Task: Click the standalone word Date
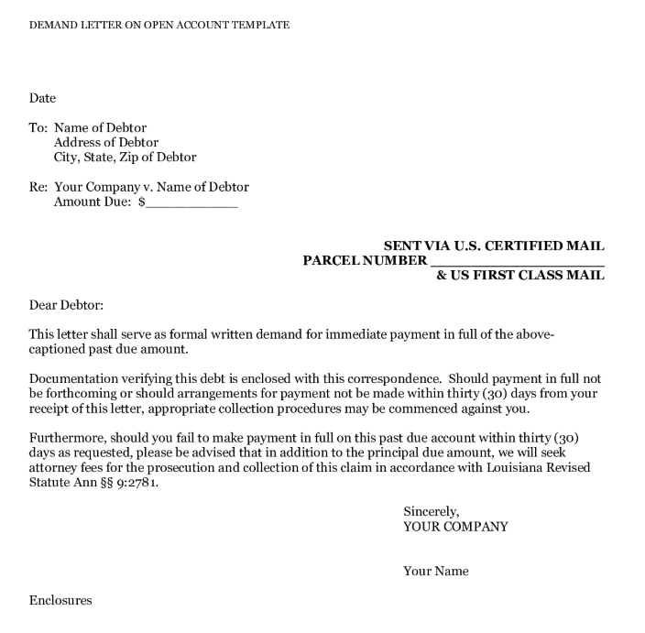(42, 98)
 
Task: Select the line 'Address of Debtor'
(106, 143)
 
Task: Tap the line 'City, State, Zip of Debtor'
(125, 158)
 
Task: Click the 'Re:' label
(38, 188)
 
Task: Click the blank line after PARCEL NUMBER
(517, 261)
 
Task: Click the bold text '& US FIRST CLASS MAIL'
(519, 276)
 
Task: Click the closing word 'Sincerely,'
(431, 512)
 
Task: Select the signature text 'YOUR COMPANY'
(455, 527)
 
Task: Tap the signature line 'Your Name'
(435, 572)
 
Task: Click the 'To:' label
(38, 128)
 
